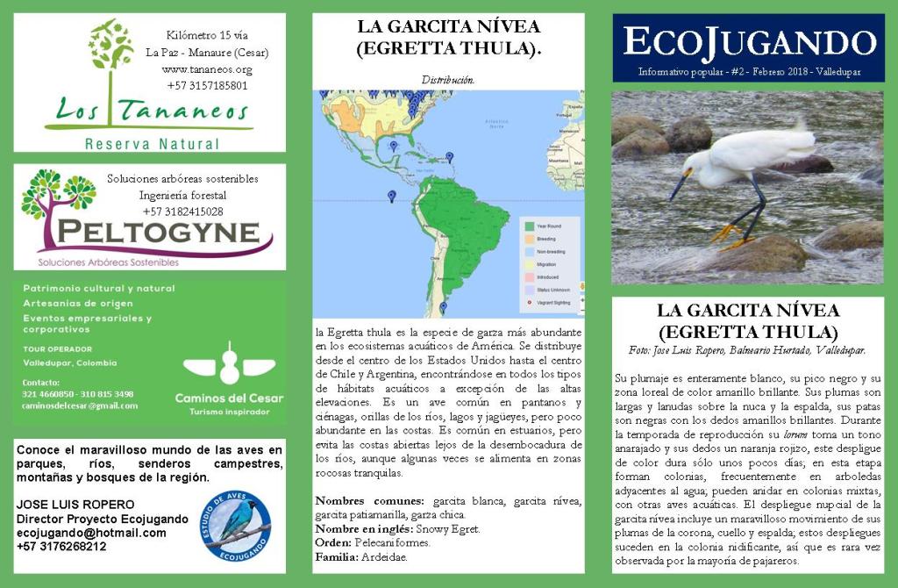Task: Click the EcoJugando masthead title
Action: tap(748, 41)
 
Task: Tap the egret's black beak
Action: tap(677, 187)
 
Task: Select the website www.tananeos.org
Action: tap(207, 69)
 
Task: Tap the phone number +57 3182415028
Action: tap(182, 212)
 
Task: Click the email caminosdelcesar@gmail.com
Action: tap(80, 406)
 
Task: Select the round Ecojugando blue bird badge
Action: tap(234, 526)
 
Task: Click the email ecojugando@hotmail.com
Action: tap(91, 533)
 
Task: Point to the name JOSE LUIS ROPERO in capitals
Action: tap(75, 505)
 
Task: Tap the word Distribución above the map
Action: tap(448, 80)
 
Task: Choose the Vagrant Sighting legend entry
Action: tap(552, 302)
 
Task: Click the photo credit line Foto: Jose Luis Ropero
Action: tap(747, 350)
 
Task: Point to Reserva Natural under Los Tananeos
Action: tap(151, 143)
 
